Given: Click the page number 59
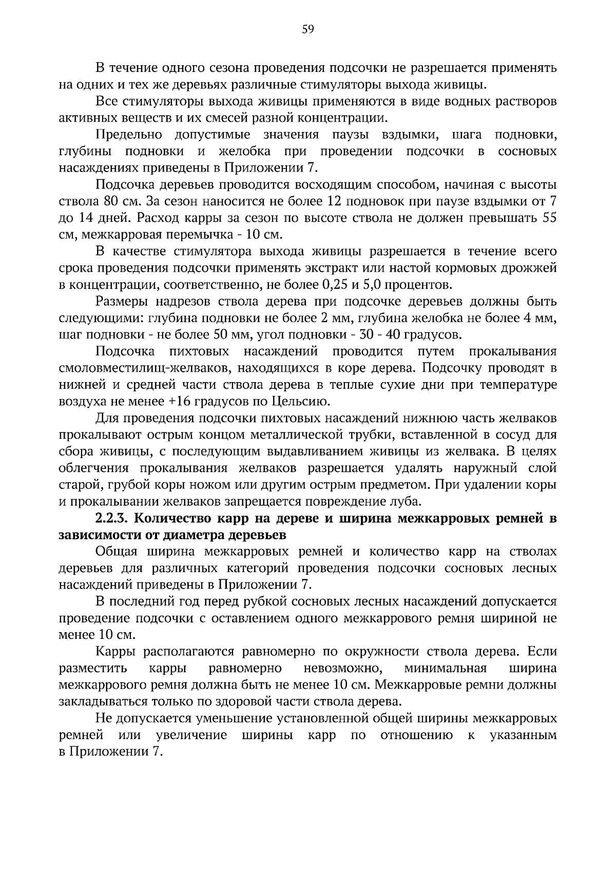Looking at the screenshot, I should (x=308, y=29).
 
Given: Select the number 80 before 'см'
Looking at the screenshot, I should (x=111, y=201).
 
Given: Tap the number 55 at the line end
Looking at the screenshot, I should (x=549, y=218).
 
